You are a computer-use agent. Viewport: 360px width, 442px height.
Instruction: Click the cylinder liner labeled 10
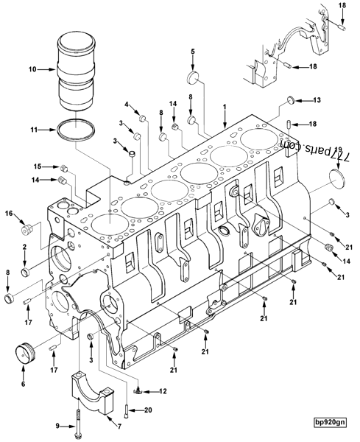pos(77,70)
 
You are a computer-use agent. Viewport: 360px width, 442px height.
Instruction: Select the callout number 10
pos(32,70)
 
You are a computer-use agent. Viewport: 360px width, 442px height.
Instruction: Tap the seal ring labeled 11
pos(77,130)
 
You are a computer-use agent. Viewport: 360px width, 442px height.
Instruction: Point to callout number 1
pos(225,106)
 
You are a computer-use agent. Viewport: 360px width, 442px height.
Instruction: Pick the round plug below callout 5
pos(194,76)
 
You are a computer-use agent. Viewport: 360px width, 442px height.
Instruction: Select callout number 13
pos(317,99)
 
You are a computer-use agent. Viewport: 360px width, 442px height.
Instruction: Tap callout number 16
pos(10,214)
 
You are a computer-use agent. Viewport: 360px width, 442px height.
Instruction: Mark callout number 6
pos(23,384)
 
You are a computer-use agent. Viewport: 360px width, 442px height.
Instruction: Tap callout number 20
pos(149,410)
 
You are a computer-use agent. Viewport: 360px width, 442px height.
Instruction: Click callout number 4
pos(127,104)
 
